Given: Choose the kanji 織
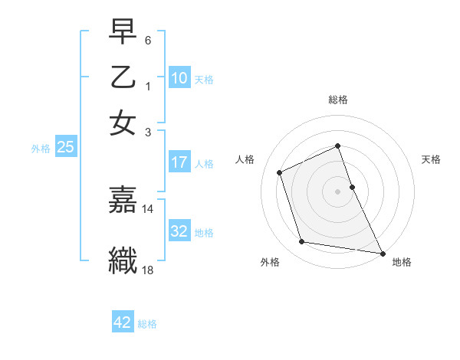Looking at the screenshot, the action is (123, 259).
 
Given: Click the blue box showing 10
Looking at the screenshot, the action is (179, 77).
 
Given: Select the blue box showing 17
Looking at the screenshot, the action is (179, 162).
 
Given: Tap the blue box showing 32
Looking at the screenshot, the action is (179, 231).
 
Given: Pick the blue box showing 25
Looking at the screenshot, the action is (65, 147).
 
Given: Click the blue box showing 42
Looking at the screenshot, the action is (123, 322).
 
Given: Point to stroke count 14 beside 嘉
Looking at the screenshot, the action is (148, 208).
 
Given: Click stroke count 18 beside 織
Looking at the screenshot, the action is (148, 270).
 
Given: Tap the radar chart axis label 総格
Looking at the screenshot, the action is (338, 100).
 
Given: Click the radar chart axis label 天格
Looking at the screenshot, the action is (432, 159).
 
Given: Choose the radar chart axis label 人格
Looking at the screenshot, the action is (245, 159).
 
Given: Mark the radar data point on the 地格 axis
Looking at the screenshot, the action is (382, 253).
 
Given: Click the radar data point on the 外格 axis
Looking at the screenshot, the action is (302, 242).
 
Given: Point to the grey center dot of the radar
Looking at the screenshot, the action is (338, 191).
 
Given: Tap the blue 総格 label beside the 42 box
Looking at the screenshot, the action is (147, 323).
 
